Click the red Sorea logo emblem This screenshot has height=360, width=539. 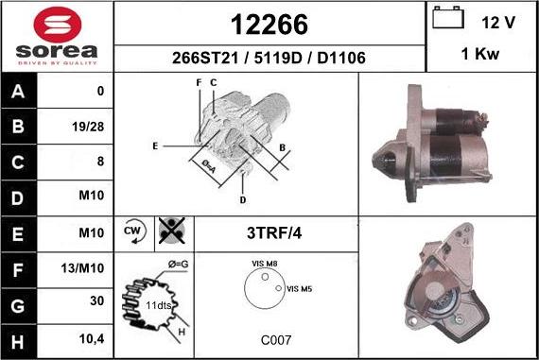point(58,25)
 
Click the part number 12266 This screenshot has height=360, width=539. point(269,25)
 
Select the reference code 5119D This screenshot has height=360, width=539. point(278,58)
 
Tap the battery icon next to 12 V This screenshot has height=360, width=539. point(448,18)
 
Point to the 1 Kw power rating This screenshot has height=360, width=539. point(479,54)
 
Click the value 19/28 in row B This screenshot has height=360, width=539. point(88,127)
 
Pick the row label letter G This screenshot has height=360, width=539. point(18,306)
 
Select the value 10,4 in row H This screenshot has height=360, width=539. point(92,339)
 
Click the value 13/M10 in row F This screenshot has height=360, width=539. point(82,268)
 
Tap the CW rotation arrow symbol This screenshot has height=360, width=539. point(134,231)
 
